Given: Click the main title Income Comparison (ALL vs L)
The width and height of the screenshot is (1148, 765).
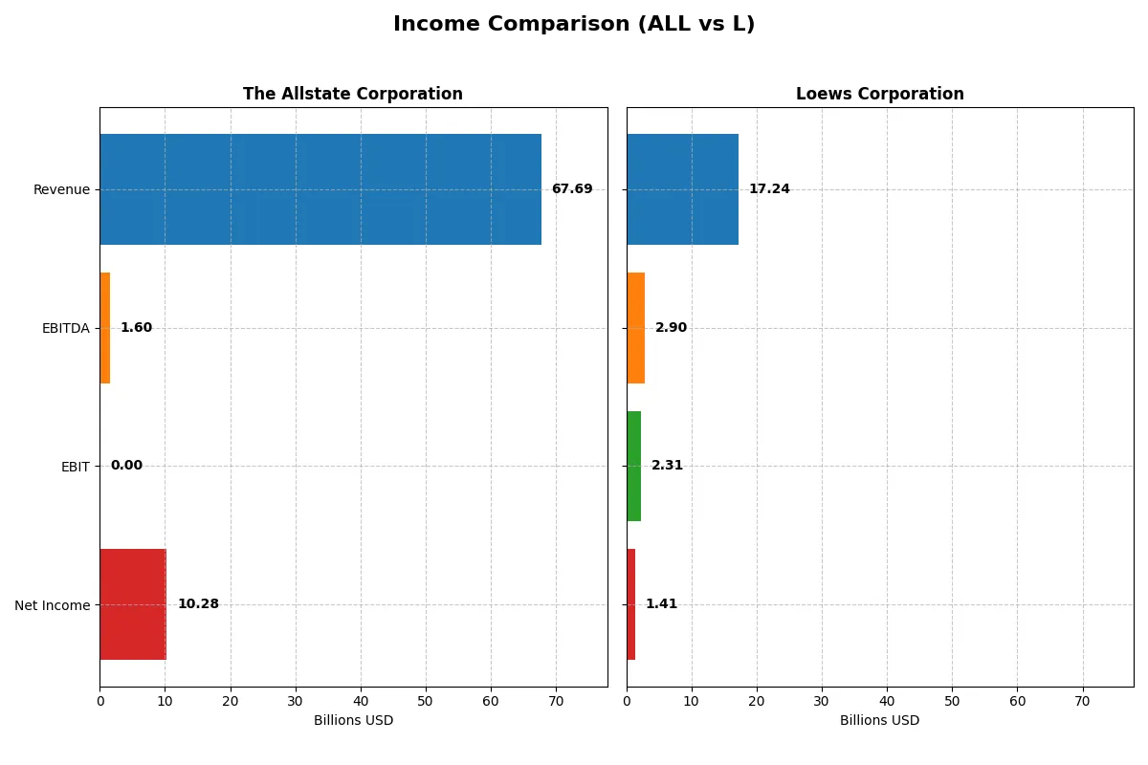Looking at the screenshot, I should [x=574, y=25].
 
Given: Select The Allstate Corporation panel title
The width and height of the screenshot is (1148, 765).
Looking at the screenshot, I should [x=353, y=94].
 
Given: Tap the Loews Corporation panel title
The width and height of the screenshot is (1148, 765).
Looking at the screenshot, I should [x=879, y=94].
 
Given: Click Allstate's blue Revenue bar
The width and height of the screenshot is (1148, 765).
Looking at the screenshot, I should [x=320, y=189].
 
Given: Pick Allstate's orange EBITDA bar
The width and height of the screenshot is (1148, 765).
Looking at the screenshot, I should [x=105, y=328].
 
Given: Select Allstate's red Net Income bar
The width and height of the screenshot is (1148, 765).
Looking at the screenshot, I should [x=133, y=604].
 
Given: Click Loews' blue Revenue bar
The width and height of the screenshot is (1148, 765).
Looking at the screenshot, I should [x=682, y=189].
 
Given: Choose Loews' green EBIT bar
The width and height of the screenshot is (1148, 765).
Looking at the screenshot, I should [x=634, y=466].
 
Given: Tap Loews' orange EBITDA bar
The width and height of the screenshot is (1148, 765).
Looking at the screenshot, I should [x=636, y=328].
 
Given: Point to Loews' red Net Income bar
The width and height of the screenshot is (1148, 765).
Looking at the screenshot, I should [x=631, y=604].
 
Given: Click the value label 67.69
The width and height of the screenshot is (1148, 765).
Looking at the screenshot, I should [x=572, y=189].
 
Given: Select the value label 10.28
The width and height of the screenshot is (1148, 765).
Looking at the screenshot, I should [x=198, y=604].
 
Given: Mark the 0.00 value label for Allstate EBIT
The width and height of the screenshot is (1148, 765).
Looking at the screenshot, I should [x=126, y=466].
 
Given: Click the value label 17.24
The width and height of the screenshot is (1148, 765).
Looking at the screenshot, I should [x=769, y=189].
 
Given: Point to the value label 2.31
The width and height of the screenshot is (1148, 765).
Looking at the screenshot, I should [x=667, y=466].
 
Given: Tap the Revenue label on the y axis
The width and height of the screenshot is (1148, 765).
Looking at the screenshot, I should [x=61, y=189].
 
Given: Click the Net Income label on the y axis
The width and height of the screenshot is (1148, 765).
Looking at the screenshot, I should [x=53, y=604].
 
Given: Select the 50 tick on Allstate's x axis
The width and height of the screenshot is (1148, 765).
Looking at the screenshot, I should [x=426, y=701].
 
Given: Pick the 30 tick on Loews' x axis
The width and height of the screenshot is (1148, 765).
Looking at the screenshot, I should [x=822, y=701].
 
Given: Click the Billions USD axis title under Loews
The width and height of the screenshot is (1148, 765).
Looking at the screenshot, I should [x=879, y=721].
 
